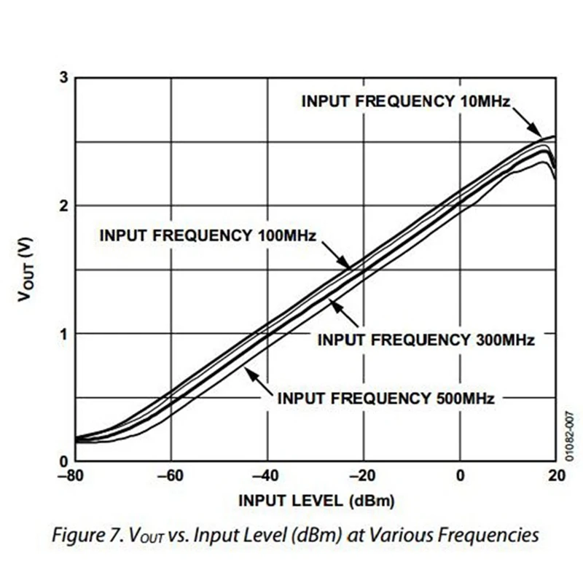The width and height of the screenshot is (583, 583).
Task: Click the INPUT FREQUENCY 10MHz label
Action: pyautogui.click(x=404, y=101)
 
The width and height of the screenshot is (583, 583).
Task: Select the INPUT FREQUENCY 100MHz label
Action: pyautogui.click(x=207, y=235)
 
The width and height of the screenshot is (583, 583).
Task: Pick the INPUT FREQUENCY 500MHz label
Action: pyautogui.click(x=386, y=398)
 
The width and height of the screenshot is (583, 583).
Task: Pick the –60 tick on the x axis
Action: pyautogui.click(x=171, y=477)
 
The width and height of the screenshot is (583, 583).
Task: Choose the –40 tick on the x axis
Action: pyautogui.click(x=267, y=477)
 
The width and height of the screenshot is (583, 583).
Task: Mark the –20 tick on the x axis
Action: pyautogui.click(x=363, y=477)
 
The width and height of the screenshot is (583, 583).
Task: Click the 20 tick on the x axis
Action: pyautogui.click(x=555, y=477)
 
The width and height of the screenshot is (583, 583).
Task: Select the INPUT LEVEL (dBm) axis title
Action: pyautogui.click(x=316, y=501)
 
